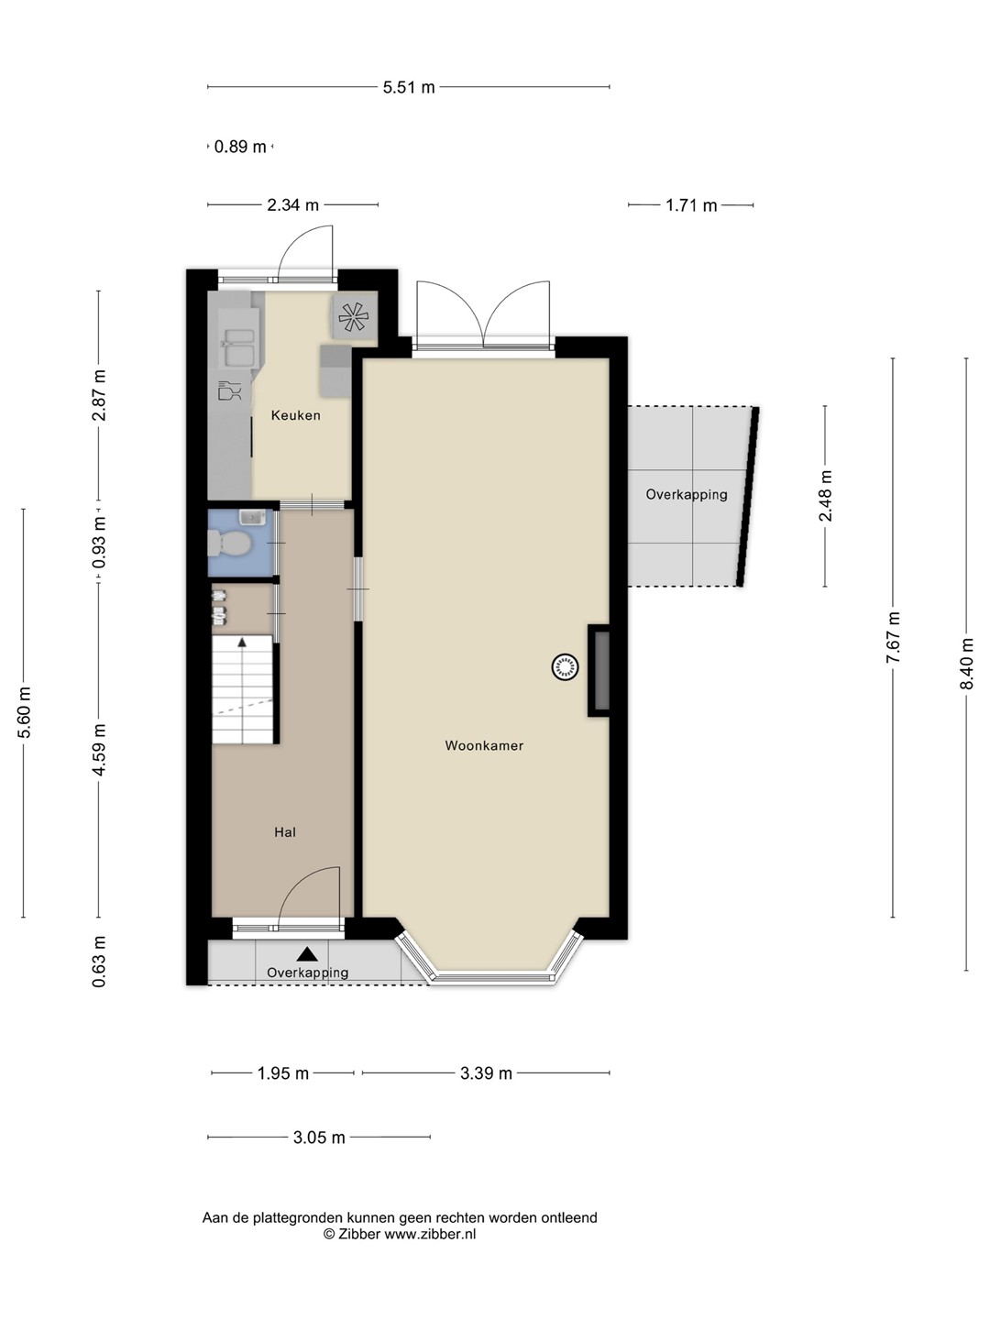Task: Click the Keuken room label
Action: [295, 415]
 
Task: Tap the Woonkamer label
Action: [484, 745]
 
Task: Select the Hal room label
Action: [285, 832]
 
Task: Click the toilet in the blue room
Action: [229, 543]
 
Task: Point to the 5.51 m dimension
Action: [409, 87]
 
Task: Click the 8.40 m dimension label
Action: [966, 664]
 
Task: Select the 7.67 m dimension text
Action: [893, 637]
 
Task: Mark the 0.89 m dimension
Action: [240, 147]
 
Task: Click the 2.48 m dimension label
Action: [825, 496]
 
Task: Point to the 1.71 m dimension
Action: [691, 205]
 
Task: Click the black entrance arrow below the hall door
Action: [308, 953]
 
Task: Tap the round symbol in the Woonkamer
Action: [565, 667]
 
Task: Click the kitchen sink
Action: [238, 347]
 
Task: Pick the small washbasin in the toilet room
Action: [252, 517]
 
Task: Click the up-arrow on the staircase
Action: [242, 643]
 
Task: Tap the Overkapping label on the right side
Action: [687, 494]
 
